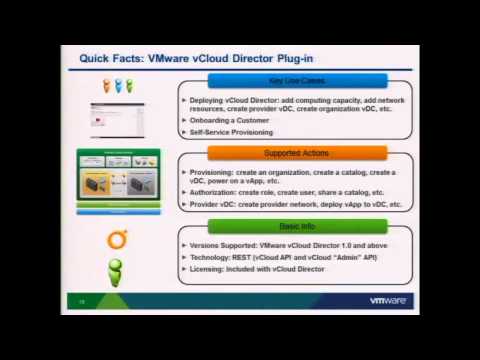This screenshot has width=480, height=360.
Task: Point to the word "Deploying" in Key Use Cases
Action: [211, 101]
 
